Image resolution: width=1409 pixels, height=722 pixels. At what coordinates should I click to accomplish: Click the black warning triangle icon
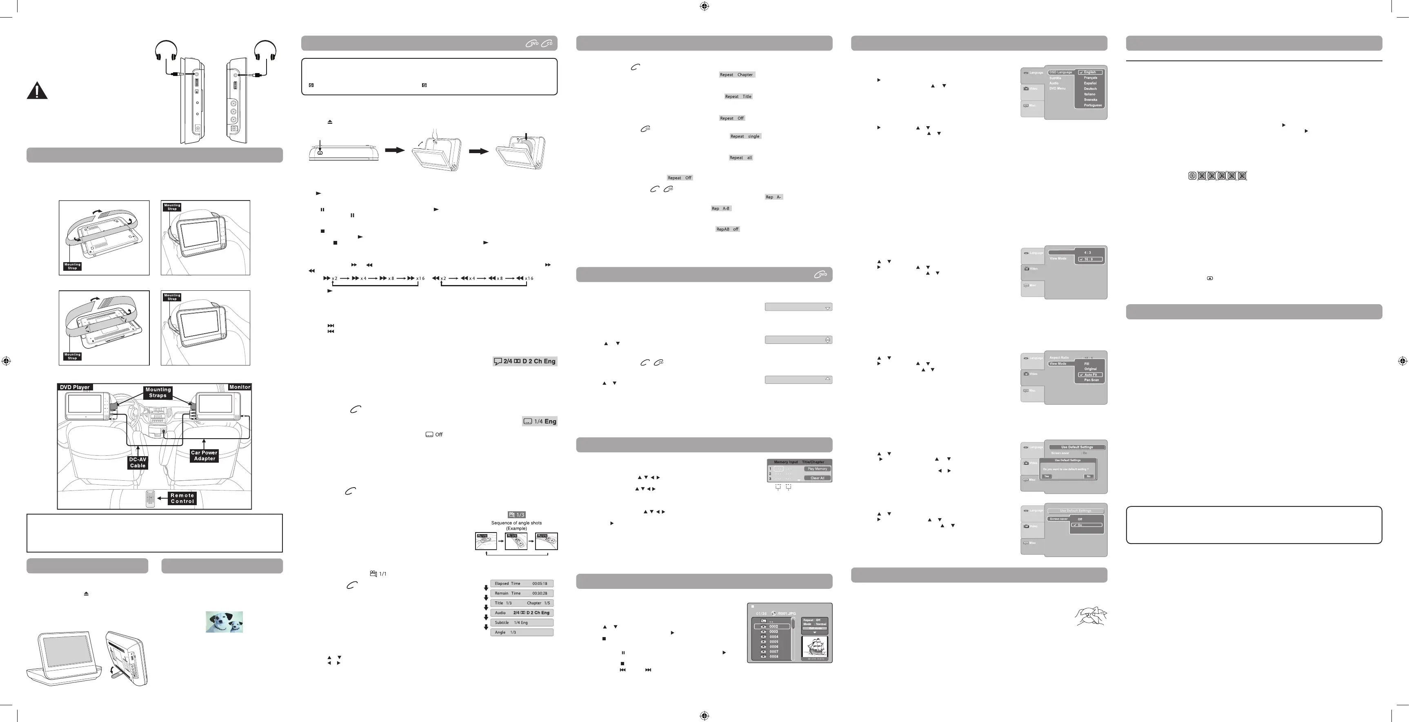37,91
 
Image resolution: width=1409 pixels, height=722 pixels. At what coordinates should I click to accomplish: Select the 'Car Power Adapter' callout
204,455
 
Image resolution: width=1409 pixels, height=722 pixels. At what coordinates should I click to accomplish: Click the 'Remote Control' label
182,498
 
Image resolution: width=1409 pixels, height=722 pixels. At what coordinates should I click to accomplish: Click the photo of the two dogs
224,622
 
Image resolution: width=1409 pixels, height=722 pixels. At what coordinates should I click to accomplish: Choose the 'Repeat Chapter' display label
736,74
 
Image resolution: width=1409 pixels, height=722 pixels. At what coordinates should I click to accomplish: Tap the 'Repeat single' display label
745,136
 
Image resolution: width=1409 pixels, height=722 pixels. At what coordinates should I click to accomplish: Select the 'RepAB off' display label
727,230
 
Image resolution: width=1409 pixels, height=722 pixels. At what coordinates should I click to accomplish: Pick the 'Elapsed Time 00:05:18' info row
521,584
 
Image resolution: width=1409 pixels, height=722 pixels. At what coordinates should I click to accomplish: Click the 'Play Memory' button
817,469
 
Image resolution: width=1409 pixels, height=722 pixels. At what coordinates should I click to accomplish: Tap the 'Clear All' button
817,478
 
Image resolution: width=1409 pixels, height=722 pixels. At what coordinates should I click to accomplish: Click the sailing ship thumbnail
814,647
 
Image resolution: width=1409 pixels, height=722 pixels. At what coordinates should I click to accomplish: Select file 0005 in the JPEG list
773,642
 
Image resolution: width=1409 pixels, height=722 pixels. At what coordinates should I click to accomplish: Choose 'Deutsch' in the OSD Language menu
1090,89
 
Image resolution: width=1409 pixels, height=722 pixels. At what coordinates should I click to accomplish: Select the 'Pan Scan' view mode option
1091,380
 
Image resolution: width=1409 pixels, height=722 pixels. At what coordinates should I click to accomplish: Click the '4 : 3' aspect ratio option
1087,253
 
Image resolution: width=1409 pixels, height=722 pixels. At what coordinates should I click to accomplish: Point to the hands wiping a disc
1090,616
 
